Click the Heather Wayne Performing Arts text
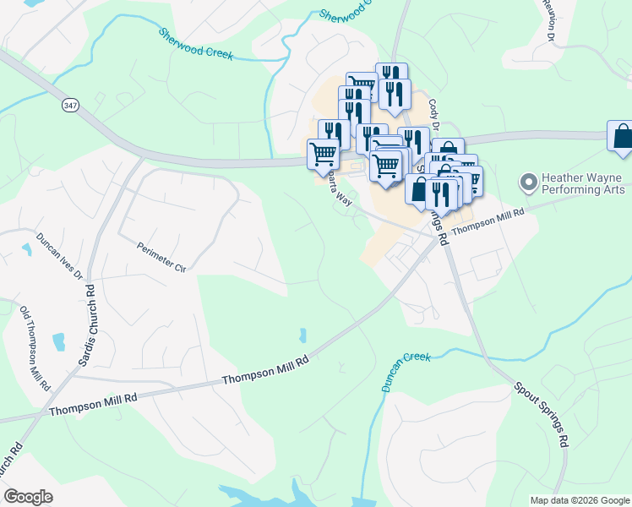583,184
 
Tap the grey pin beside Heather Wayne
529,182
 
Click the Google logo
28,497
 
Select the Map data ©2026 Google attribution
579,500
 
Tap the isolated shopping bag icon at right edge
621,137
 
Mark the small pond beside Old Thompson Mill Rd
58,342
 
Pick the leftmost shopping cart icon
324,155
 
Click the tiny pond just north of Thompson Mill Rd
302,335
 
